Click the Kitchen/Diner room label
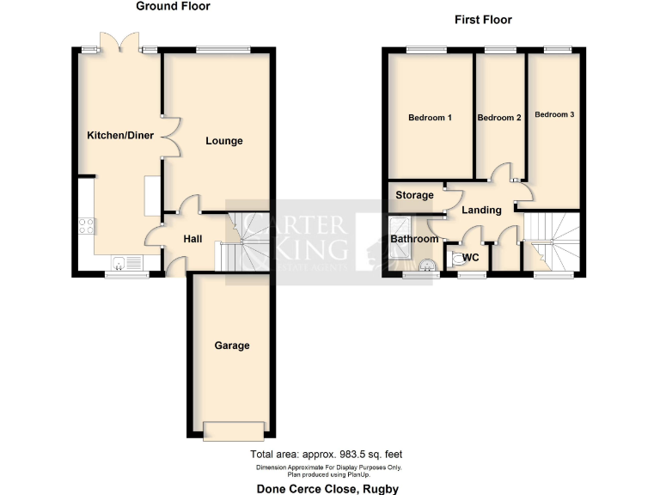pyautogui.click(x=120, y=135)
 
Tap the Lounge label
pyautogui.click(x=223, y=141)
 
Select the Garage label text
pyautogui.click(x=232, y=345)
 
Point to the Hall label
pyautogui.click(x=193, y=238)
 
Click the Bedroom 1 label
pyautogui.click(x=431, y=118)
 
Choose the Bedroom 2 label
pyautogui.click(x=499, y=118)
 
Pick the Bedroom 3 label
pyautogui.click(x=554, y=114)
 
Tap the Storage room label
pyautogui.click(x=414, y=195)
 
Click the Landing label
pyautogui.click(x=481, y=210)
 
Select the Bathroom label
pyautogui.click(x=414, y=239)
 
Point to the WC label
pyautogui.click(x=470, y=257)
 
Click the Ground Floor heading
pyautogui.click(x=173, y=6)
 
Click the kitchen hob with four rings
pyautogui.click(x=87, y=226)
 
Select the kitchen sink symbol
pyautogui.click(x=125, y=263)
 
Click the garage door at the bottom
pyautogui.click(x=233, y=431)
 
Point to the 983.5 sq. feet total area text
pyautogui.click(x=327, y=454)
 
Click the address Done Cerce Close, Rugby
pyautogui.click(x=327, y=487)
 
